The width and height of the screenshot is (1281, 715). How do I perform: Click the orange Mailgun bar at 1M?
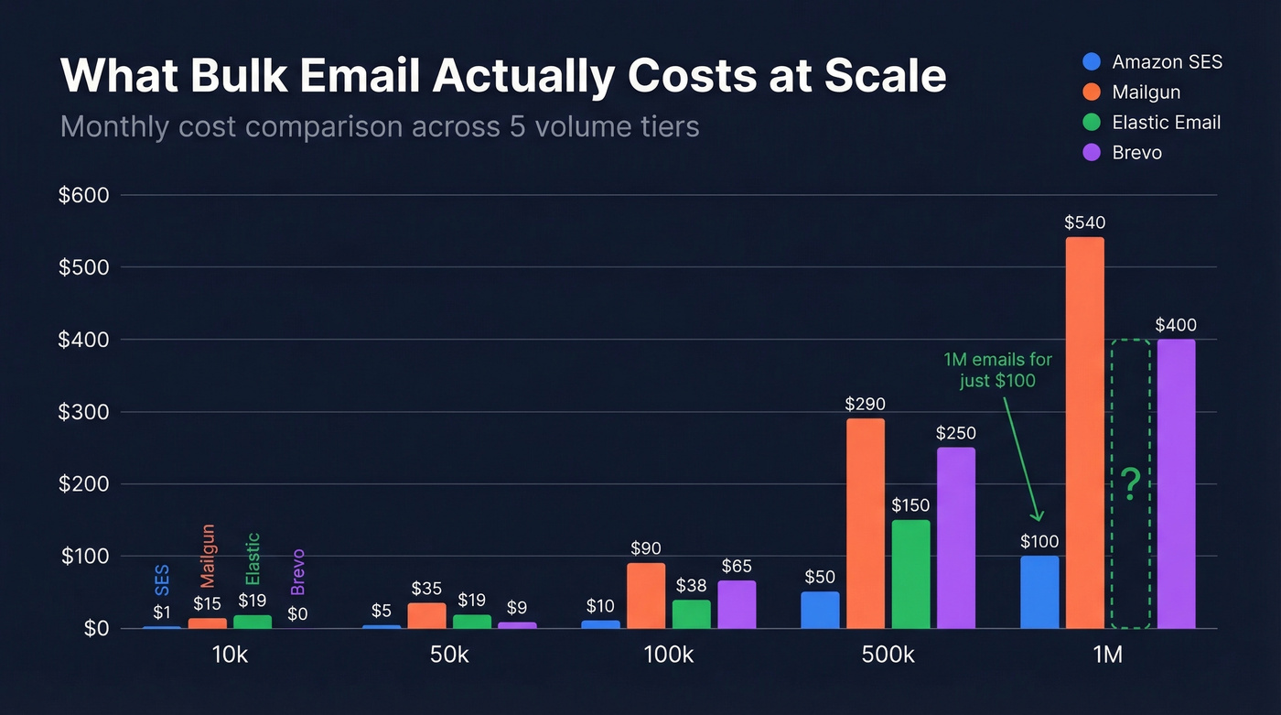click(1084, 433)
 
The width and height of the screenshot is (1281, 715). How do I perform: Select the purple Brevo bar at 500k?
click(955, 537)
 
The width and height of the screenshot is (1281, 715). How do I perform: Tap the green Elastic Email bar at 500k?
click(910, 574)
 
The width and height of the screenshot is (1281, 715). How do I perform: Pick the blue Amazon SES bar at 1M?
click(1039, 591)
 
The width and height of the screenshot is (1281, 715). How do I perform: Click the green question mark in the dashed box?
click(1131, 484)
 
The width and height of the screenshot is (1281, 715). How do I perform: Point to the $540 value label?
click(1084, 222)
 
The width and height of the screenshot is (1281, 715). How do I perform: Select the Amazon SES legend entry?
click(1154, 62)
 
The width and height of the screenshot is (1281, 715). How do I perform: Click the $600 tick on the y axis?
click(83, 195)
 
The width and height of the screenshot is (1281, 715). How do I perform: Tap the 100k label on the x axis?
click(668, 655)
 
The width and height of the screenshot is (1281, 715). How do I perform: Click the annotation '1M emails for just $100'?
click(998, 370)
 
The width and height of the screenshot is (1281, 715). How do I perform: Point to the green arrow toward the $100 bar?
click(1023, 458)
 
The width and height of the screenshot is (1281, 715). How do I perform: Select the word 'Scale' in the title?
click(885, 76)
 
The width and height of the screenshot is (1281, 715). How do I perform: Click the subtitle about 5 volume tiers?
click(380, 125)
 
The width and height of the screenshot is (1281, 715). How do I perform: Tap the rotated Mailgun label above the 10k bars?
click(208, 556)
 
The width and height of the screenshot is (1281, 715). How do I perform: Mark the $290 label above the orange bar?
click(865, 404)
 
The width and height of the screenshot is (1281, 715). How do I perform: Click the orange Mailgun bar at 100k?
click(646, 595)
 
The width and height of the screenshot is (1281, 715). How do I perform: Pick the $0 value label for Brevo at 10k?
click(297, 613)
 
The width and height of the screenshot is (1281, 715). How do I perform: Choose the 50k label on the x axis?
click(448, 655)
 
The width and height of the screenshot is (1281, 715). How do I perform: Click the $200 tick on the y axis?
click(83, 484)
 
